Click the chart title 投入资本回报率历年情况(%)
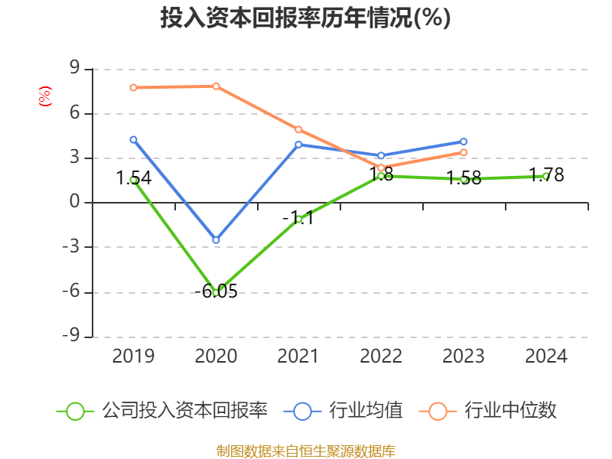[305, 18]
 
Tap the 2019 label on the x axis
[133, 356]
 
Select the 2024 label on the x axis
[546, 356]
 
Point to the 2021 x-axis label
[298, 356]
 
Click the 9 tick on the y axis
[74, 69]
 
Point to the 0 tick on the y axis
[74, 203]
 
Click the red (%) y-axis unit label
[45, 96]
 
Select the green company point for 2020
[216, 292]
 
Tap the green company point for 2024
[546, 176]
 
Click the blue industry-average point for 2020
[216, 240]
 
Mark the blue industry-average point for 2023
[464, 142]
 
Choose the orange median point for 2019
[133, 87]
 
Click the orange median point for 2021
[298, 129]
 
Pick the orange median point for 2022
[381, 168]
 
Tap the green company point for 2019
[133, 180]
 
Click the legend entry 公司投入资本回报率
[184, 411]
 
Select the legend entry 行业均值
[365, 411]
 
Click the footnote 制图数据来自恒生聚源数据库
[305, 451]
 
